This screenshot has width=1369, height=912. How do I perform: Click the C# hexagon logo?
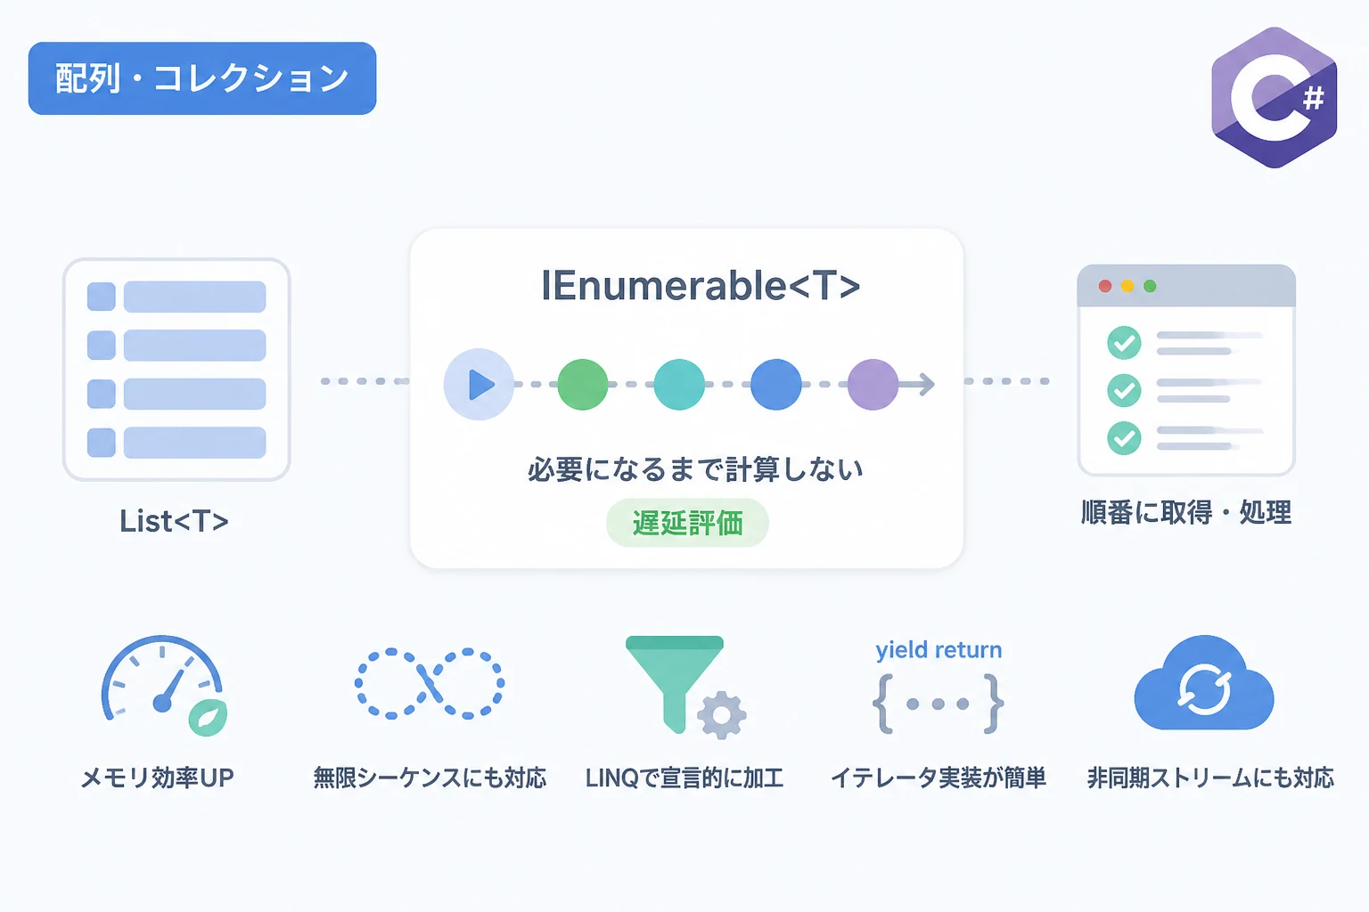(x=1275, y=98)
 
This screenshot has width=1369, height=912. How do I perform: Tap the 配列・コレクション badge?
(x=202, y=78)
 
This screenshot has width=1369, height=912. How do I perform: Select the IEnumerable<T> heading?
(x=701, y=286)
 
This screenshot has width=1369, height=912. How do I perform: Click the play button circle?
(x=479, y=384)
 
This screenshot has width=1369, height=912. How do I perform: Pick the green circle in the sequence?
(x=582, y=384)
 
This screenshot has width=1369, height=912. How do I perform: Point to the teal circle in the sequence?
(x=679, y=384)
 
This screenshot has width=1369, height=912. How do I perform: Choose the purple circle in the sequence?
(x=873, y=384)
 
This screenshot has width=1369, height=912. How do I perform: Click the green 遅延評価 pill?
(x=687, y=523)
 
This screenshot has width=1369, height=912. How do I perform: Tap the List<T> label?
(x=174, y=521)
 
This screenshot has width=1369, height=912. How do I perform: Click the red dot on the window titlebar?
(x=1105, y=286)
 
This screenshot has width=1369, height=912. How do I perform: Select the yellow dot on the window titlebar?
(x=1127, y=286)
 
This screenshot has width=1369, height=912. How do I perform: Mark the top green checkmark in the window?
(x=1124, y=343)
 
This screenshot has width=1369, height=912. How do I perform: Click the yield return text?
(x=939, y=650)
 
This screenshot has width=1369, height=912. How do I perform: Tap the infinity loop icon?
(x=430, y=683)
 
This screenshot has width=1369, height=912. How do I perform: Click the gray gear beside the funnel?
(x=722, y=715)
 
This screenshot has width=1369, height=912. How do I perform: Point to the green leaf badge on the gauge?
(x=209, y=717)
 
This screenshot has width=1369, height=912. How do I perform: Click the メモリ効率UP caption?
(x=158, y=778)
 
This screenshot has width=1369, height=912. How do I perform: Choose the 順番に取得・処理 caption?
(x=1186, y=512)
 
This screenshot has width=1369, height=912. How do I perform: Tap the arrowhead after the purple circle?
(x=927, y=384)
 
